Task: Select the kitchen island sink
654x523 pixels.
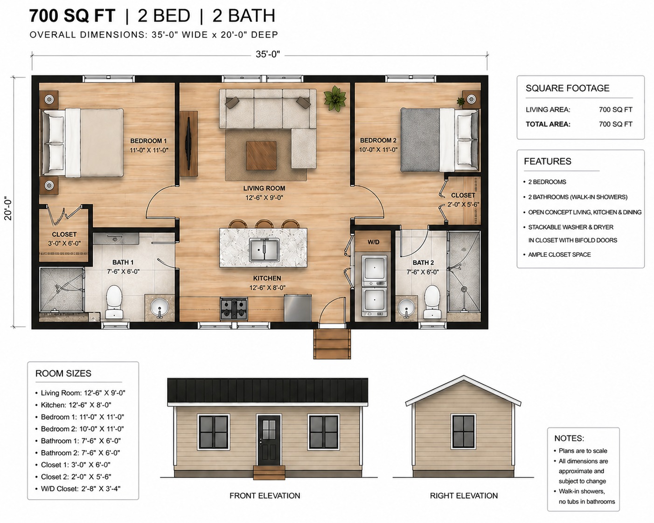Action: point(264,250)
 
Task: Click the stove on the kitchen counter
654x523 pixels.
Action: point(234,308)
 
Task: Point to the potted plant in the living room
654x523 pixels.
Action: point(335,98)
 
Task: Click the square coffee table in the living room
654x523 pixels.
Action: point(261,156)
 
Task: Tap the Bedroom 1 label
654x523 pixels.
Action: point(149,141)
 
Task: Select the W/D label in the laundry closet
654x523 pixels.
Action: point(373,242)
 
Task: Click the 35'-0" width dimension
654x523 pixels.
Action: point(267,55)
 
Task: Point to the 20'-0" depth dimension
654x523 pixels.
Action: point(8,209)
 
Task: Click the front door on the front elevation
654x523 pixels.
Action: point(269,440)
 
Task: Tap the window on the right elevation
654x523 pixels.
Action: point(464,431)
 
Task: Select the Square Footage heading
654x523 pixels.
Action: point(567,88)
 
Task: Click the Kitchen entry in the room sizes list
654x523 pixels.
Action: point(76,405)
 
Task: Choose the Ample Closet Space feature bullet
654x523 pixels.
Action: point(559,255)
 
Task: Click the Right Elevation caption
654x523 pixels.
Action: point(464,495)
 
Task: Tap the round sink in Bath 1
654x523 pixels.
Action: point(160,306)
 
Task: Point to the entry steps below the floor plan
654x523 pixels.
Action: point(332,344)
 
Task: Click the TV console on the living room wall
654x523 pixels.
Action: point(189,144)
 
